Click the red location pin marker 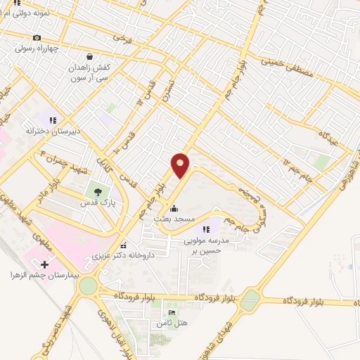click(181, 165)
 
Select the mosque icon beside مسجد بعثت click(174, 209)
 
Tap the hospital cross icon click(45, 264)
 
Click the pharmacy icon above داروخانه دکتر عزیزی click(124, 245)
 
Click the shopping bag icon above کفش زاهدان click(89, 56)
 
